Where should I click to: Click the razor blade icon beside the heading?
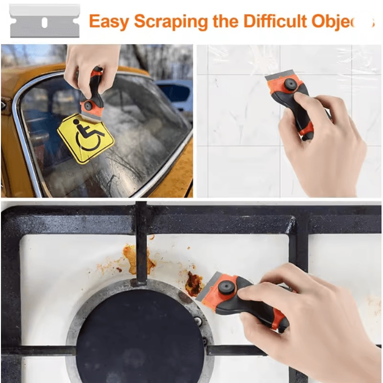point(44,21)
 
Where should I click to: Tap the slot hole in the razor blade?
point(44,22)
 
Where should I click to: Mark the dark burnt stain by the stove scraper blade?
point(194,283)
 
